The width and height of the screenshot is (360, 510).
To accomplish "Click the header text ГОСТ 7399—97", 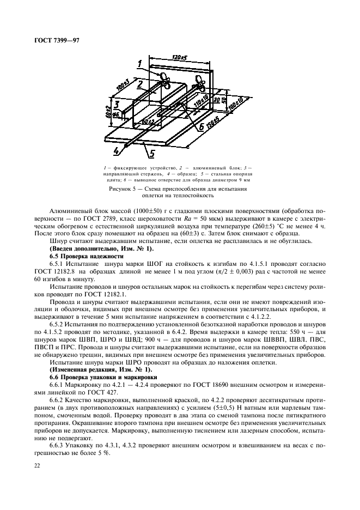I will coord(57,41).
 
